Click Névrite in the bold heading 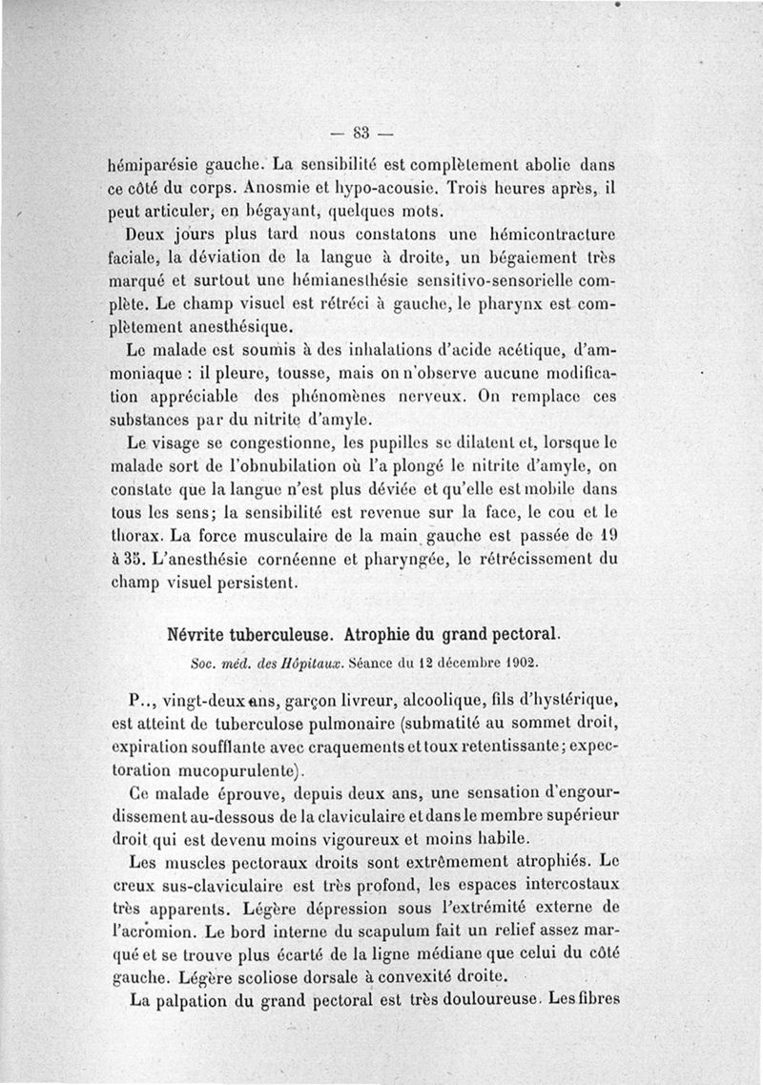(201, 631)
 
